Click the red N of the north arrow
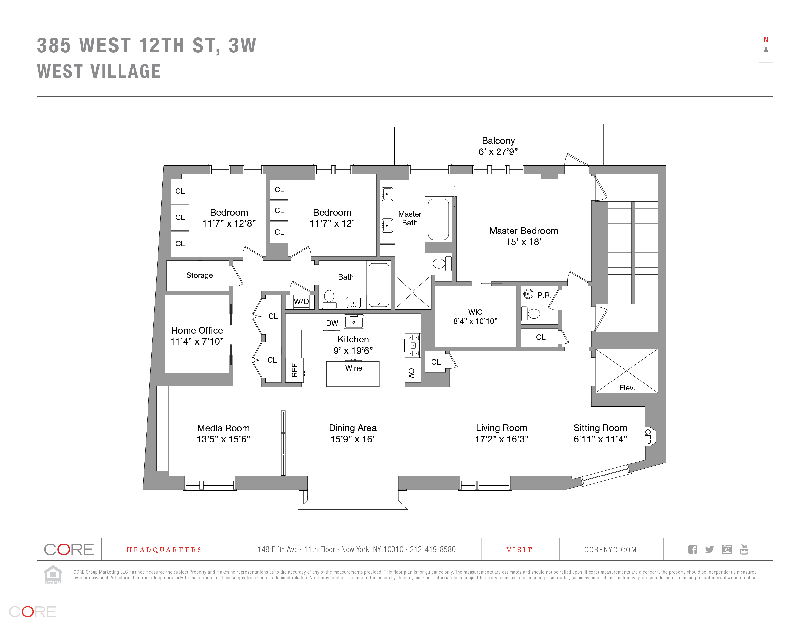click(x=766, y=40)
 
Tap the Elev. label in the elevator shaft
click(x=627, y=388)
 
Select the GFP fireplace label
click(x=648, y=436)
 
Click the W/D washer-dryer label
click(x=301, y=301)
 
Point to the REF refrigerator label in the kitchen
click(x=295, y=370)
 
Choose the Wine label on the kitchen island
click(x=353, y=368)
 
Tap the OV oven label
click(x=411, y=373)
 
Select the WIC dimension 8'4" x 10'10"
click(x=475, y=321)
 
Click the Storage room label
click(x=200, y=275)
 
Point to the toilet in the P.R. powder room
click(x=533, y=314)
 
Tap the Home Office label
click(x=197, y=330)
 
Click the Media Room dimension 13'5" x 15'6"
click(x=223, y=439)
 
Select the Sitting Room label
click(x=600, y=428)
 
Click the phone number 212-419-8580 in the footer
click(x=432, y=549)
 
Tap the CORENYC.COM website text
click(x=610, y=550)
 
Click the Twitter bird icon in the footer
click(x=709, y=549)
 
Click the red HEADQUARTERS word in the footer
click(x=164, y=550)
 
